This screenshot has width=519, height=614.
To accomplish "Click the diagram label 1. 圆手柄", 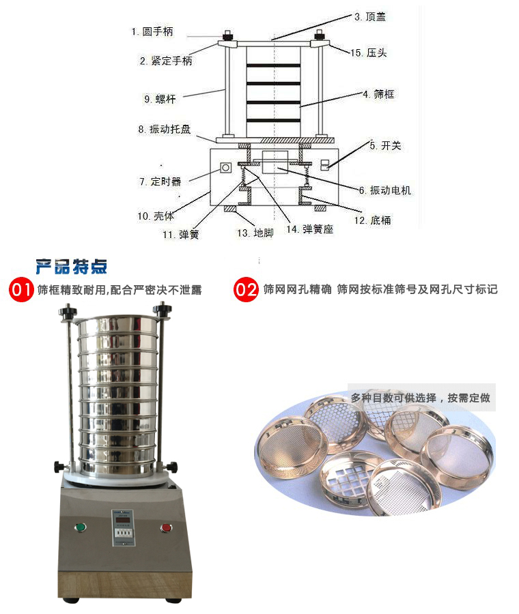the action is click(x=152, y=31).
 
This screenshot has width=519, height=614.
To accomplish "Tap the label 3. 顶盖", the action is click(x=370, y=16).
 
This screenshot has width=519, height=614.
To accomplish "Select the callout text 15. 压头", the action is click(x=369, y=53).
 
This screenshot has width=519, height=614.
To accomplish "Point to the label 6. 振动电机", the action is click(x=385, y=190).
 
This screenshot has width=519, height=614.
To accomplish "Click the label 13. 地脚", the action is click(x=255, y=233).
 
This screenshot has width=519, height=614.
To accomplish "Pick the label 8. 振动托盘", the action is click(x=165, y=129).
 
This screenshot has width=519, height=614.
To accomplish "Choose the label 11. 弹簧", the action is click(x=181, y=235).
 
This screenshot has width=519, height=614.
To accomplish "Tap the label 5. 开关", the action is click(x=385, y=146).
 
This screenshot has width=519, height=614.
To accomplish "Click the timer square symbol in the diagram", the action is click(x=225, y=168).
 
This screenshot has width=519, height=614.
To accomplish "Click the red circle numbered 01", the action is click(x=21, y=290).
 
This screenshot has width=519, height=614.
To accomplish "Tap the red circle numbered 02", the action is click(x=246, y=289).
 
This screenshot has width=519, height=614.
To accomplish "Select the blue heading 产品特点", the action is click(x=71, y=267).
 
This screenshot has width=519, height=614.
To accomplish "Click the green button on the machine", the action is click(x=81, y=527).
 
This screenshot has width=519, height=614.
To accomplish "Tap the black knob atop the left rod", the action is click(x=68, y=311).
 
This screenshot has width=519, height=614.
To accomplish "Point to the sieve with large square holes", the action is click(x=346, y=480).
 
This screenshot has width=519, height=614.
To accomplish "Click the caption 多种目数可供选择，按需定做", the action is click(x=421, y=398).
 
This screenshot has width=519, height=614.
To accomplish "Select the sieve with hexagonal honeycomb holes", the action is click(x=337, y=421).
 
